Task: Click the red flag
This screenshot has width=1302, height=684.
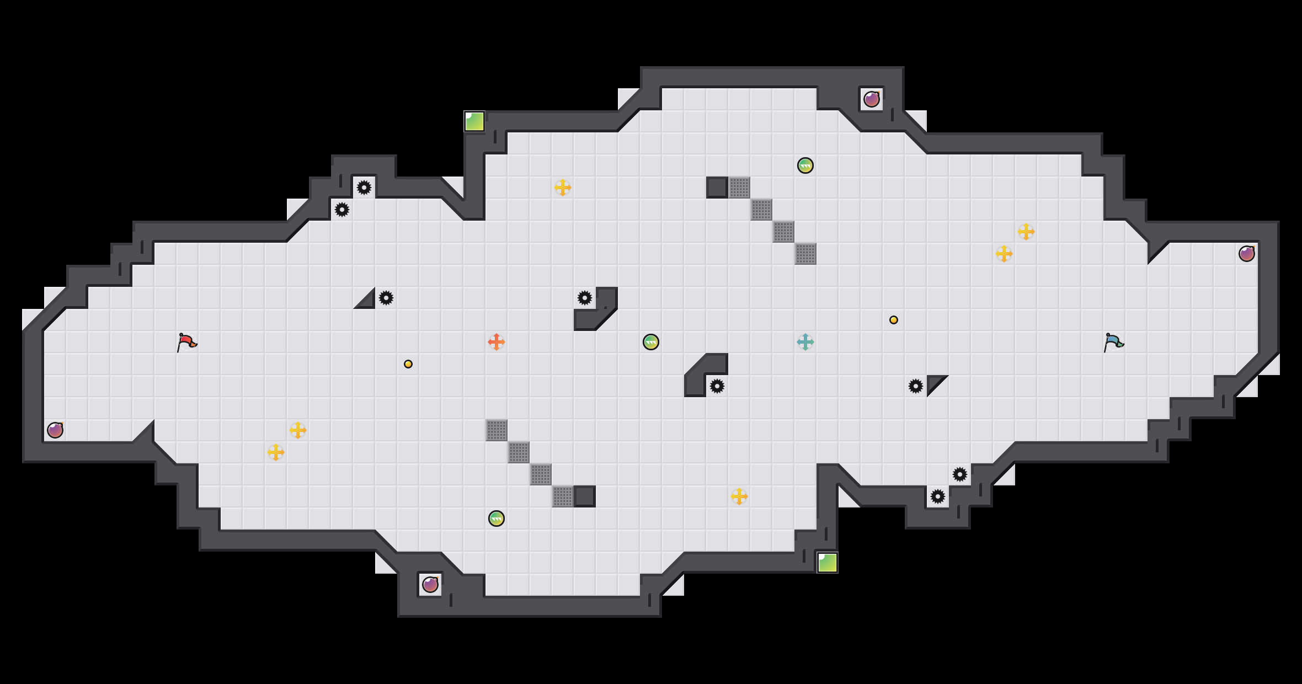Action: (x=186, y=342)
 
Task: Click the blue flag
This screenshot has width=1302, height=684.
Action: (x=1113, y=342)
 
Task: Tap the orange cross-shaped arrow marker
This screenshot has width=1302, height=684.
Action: (x=497, y=342)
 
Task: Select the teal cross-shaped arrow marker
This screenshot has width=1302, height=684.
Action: (x=805, y=342)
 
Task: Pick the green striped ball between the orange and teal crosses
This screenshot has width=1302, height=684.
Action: (x=651, y=342)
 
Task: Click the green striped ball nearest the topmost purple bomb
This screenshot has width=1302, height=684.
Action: (x=805, y=165)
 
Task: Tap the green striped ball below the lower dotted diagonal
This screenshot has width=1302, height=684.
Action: (x=497, y=519)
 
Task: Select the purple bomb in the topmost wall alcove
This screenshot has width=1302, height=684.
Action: (x=872, y=99)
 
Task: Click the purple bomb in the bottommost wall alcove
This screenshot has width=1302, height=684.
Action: (x=430, y=585)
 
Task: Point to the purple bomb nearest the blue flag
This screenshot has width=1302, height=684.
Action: (x=1247, y=254)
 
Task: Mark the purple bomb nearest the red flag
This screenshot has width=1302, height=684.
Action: (x=55, y=430)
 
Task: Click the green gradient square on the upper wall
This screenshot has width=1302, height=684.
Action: (x=474, y=121)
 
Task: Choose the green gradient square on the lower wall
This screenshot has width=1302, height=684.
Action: (x=828, y=563)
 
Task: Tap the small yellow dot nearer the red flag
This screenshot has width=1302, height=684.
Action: (x=408, y=364)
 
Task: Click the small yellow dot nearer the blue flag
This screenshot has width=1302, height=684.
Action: (x=894, y=320)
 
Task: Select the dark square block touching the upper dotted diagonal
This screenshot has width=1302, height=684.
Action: (x=717, y=188)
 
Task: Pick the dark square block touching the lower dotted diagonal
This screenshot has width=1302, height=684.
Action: (x=585, y=496)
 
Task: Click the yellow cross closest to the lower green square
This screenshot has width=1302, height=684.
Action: (x=739, y=496)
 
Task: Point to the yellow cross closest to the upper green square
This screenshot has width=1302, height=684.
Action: (x=563, y=188)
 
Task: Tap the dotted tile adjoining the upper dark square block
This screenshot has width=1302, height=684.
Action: (x=739, y=188)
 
